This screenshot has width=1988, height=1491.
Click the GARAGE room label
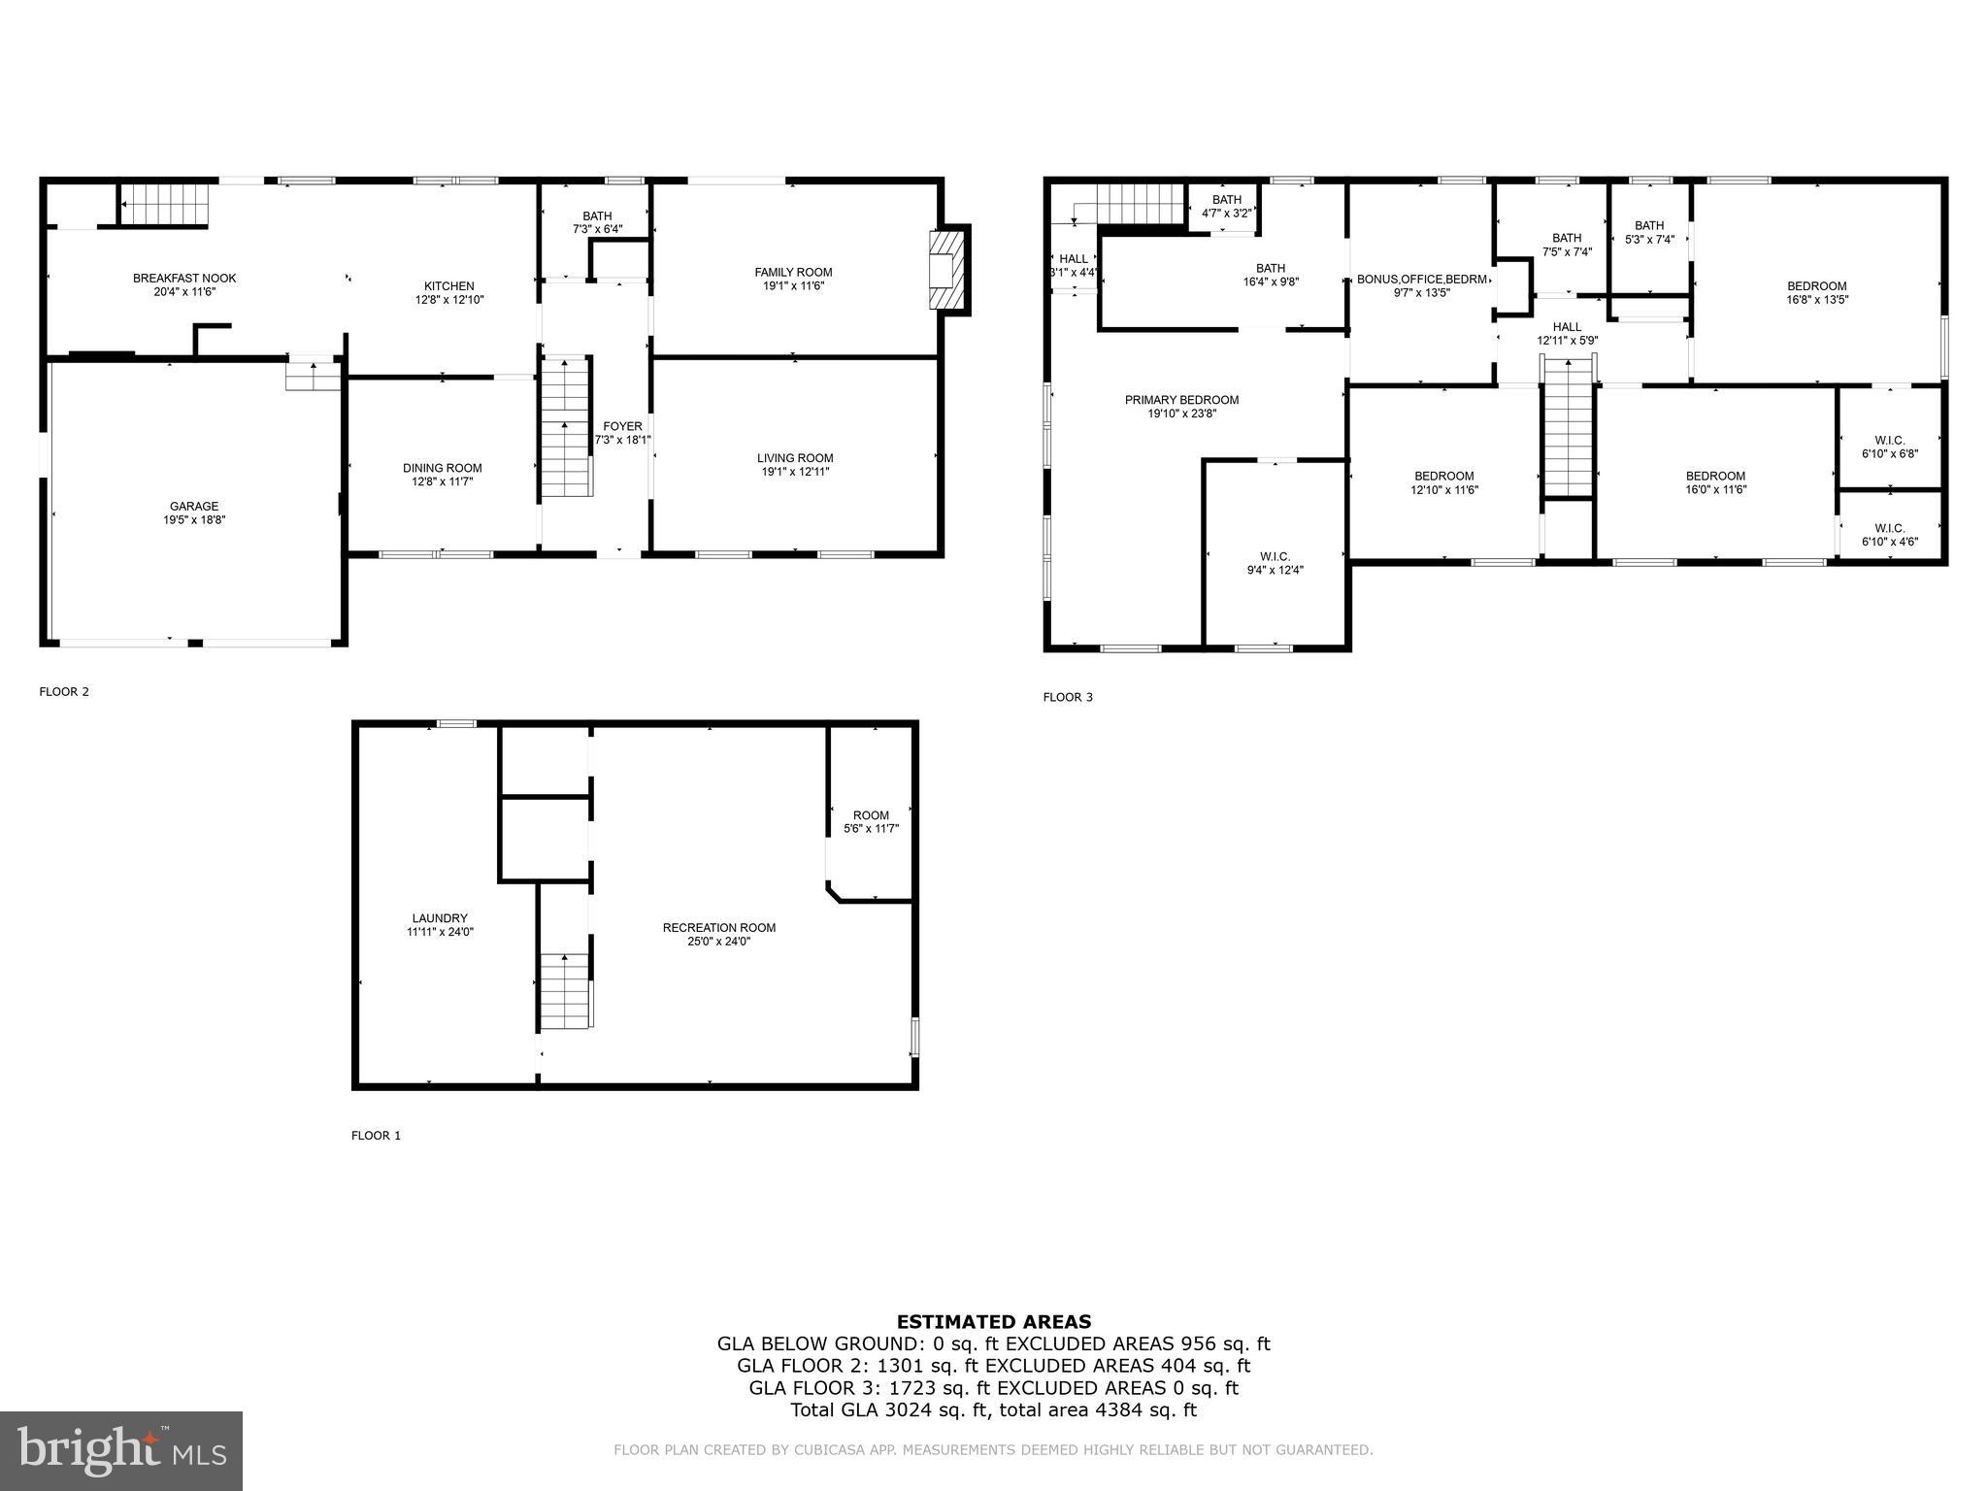pyautogui.click(x=194, y=506)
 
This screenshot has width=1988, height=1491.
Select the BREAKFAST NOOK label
pyautogui.click(x=184, y=279)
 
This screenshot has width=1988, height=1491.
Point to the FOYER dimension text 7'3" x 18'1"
pyautogui.click(x=622, y=440)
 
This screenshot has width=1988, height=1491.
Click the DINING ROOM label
pyautogui.click(x=443, y=468)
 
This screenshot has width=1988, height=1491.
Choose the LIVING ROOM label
pyautogui.click(x=795, y=458)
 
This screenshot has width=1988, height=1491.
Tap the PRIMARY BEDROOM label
pyautogui.click(x=1181, y=400)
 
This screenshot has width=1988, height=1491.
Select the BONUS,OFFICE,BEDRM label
pyautogui.click(x=1421, y=280)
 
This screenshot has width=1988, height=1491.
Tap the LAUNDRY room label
pyautogui.click(x=440, y=918)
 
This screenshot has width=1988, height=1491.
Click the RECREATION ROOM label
pyautogui.click(x=719, y=928)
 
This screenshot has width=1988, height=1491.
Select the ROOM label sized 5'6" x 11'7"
pyautogui.click(x=871, y=815)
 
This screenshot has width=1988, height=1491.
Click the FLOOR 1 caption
pyautogui.click(x=376, y=1136)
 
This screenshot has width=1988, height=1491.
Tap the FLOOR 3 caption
pyautogui.click(x=1068, y=697)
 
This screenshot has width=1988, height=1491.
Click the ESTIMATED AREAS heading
pyautogui.click(x=993, y=1321)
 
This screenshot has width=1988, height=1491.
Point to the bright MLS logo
pyautogui.click(x=121, y=1450)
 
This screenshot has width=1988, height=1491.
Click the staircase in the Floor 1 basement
pyautogui.click(x=565, y=990)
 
